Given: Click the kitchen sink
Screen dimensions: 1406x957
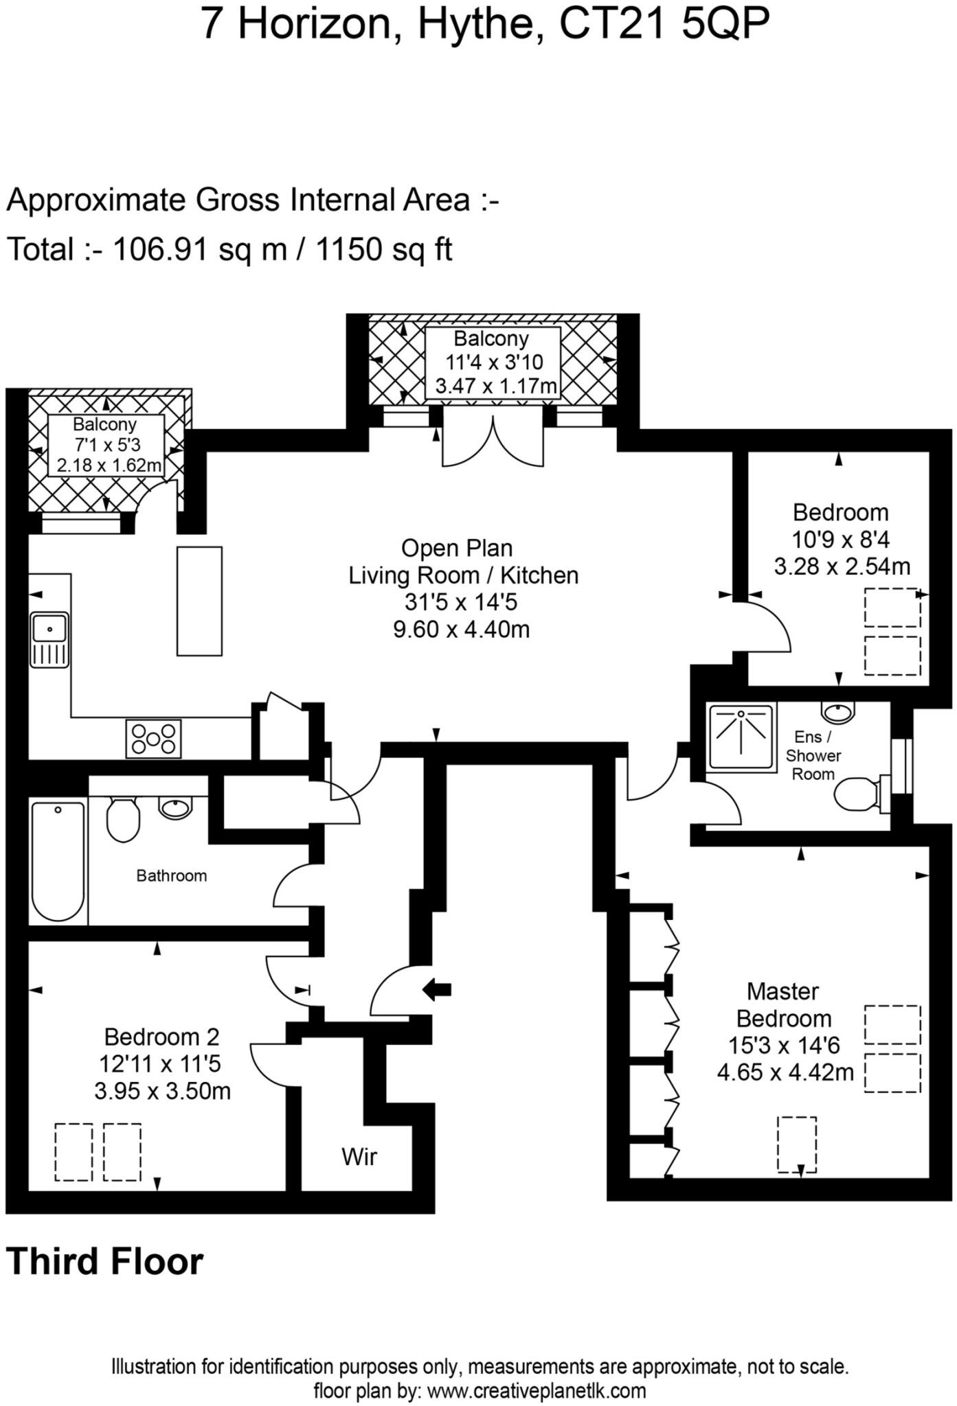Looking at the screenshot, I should point(49,639).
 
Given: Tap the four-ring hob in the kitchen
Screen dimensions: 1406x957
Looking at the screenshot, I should point(153,739).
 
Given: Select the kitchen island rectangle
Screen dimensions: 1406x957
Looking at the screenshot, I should point(199,601).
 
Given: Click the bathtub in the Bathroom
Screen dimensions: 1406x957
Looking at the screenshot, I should point(58,861).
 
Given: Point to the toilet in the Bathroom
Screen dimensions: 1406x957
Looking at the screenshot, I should point(124,818).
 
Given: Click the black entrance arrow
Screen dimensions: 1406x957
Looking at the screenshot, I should point(436,989).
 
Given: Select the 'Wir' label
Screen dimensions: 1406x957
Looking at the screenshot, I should point(359,1157).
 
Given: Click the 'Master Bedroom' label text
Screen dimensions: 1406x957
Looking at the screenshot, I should point(783,1004).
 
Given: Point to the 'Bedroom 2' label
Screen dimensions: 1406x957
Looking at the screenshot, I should point(161,1037).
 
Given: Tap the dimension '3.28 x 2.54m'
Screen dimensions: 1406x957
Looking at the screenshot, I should point(842,567).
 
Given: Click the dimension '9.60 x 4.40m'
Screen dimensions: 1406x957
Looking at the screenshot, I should point(462,629).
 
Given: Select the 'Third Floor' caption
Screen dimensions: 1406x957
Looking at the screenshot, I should point(105,1262).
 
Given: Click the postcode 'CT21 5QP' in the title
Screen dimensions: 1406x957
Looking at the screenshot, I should point(664,25).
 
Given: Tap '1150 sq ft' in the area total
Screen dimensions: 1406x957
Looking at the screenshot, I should point(383,249).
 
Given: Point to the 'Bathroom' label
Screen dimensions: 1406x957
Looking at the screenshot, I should point(171,875).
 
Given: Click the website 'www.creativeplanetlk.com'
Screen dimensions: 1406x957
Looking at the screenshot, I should point(537,1391).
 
